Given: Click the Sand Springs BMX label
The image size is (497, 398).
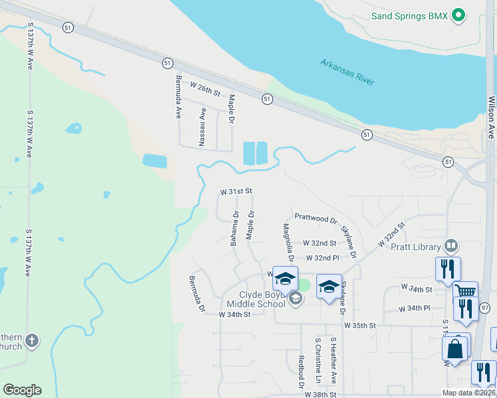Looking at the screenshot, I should coord(409,15).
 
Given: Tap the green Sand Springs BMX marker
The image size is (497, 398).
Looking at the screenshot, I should coord(458,15).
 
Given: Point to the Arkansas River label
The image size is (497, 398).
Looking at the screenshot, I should coord(348,72).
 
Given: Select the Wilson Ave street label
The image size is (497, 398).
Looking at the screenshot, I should coord(492,117).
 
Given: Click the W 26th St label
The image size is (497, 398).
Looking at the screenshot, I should coord(205,88).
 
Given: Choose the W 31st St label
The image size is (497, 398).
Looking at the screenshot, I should coord(237,191).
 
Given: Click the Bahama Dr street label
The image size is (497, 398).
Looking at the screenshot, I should coord(235,228).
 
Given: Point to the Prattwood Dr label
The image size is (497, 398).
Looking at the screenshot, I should coord(316,218).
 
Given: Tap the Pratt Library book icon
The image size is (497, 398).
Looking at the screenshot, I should coord(452,247).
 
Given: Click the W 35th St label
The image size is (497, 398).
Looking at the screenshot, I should coord(360,326).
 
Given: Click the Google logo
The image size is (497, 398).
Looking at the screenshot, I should coord(22,390).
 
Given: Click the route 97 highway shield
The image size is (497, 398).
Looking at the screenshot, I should coord(484,308).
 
